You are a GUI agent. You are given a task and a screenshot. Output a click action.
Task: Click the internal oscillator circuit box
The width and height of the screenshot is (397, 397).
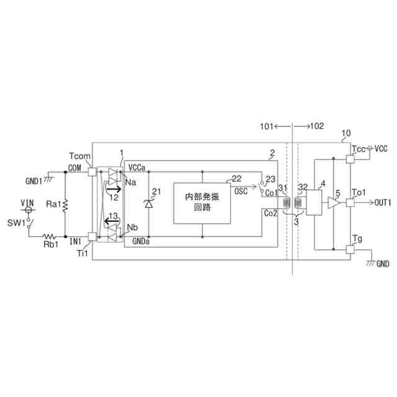[x=202, y=202]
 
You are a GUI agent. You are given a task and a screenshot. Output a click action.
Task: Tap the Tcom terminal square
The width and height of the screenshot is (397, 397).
[x=92, y=171]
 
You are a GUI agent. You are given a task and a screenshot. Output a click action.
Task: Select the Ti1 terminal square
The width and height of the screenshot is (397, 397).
[x=92, y=236]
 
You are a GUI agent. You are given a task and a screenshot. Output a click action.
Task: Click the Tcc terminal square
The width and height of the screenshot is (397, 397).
[x=350, y=159]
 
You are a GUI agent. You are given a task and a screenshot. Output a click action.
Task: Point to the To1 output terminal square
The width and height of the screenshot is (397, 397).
[x=350, y=203]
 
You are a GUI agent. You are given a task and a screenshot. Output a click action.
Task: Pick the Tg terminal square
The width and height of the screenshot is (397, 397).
[x=350, y=249]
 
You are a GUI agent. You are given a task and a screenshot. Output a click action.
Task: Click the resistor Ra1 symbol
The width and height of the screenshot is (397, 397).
[x=66, y=204]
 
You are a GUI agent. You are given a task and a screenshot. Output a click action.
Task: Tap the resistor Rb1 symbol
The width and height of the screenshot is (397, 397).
[x=48, y=236]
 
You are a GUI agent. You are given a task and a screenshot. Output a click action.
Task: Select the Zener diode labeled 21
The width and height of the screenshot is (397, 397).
[x=149, y=203]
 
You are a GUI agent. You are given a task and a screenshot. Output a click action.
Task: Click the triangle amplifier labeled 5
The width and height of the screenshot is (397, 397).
[x=334, y=203]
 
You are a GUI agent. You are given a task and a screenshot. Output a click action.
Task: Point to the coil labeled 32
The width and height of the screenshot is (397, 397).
[x=298, y=203]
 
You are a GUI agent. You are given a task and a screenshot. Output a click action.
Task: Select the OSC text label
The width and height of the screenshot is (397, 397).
[x=241, y=192]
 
